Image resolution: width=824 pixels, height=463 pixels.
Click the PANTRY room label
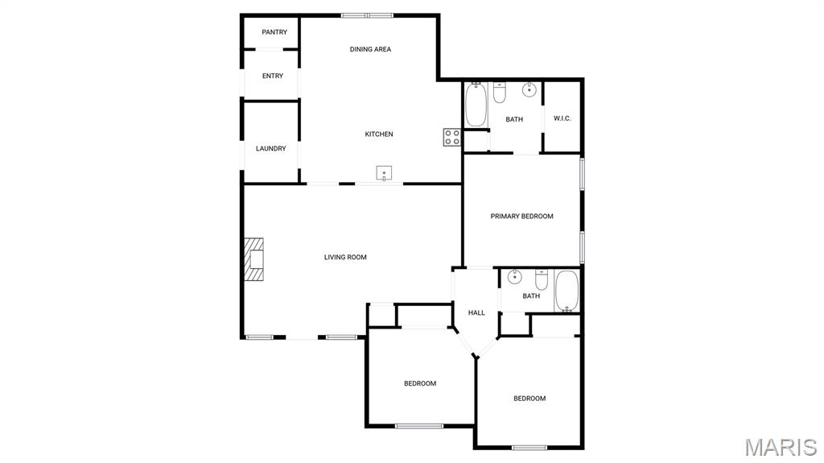click(274, 32)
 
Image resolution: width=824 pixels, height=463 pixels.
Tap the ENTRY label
click(273, 76)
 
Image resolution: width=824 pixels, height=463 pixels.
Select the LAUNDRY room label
click(271, 148)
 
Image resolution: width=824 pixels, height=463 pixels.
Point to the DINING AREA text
click(370, 49)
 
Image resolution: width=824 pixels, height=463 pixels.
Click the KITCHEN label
click(379, 134)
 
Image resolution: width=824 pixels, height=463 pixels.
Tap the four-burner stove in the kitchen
click(451, 137)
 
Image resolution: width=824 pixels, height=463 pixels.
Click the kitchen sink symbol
click(385, 172)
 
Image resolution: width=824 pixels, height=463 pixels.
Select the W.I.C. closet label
click(562, 118)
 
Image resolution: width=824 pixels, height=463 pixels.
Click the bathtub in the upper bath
click(476, 106)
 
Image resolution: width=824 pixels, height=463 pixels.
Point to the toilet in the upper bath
click(500, 93)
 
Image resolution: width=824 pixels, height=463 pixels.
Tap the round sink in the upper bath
click(529, 89)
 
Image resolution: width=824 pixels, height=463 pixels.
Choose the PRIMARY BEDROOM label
click(522, 216)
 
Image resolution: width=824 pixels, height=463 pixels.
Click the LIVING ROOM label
click(345, 257)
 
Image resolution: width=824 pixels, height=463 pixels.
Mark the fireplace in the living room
click(255, 259)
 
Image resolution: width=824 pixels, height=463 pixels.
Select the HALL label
click(476, 312)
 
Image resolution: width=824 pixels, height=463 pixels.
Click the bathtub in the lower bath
click(566, 291)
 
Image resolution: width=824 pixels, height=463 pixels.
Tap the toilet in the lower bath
click(542, 279)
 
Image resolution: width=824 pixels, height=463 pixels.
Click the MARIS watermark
click(781, 447)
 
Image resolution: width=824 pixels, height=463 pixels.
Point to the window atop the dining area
click(367, 15)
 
